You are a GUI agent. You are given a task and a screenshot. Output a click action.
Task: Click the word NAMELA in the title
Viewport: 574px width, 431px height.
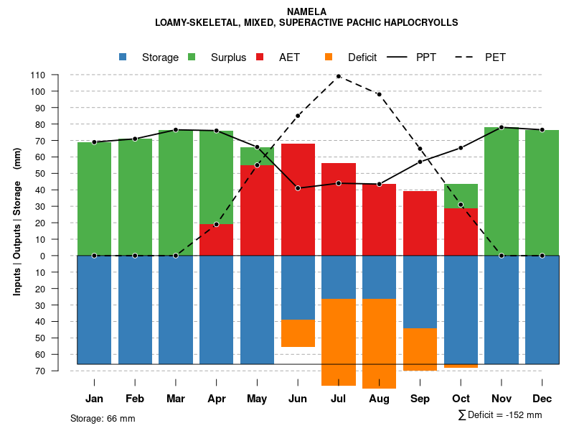coord(306,11)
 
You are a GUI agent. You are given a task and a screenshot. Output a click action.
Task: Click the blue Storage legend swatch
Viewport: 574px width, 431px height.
coord(123,57)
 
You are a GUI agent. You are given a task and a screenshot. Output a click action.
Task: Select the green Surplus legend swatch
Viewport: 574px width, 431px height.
coord(192,57)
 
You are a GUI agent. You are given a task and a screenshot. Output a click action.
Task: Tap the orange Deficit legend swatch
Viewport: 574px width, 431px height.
coord(329,57)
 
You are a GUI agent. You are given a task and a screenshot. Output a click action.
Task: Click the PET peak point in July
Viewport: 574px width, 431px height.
coord(338,76)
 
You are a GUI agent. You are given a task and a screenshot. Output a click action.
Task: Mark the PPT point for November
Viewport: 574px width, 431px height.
coord(502,127)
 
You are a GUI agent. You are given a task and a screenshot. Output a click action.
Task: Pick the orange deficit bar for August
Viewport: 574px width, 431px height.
coord(379,343)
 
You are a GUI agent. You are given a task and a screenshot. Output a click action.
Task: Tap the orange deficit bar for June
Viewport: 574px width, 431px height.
coord(298,333)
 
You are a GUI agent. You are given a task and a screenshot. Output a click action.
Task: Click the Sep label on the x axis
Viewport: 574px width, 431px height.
coord(420,399)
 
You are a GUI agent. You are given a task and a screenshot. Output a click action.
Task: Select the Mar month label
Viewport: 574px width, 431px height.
coord(175,399)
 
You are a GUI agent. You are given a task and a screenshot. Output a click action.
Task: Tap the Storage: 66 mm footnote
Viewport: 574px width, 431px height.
coord(103,418)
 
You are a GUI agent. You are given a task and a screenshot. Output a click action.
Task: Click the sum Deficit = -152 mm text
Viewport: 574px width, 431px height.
coord(500,415)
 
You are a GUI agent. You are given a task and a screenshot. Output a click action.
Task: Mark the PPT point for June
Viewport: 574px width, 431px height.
coord(298,188)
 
